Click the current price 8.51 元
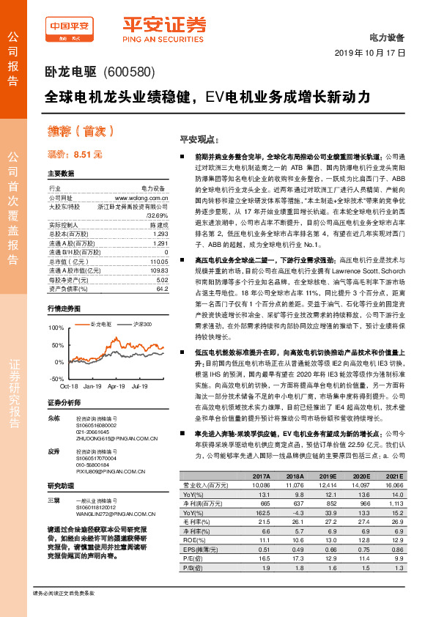pos(75,155)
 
